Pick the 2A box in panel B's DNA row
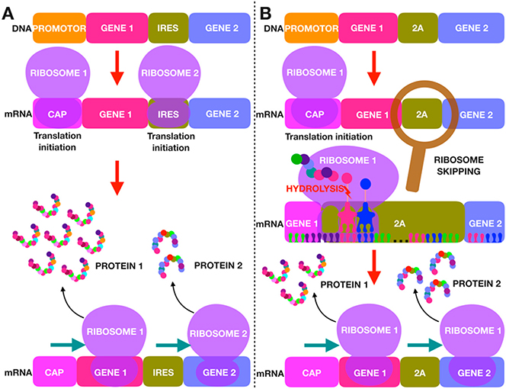419,27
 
